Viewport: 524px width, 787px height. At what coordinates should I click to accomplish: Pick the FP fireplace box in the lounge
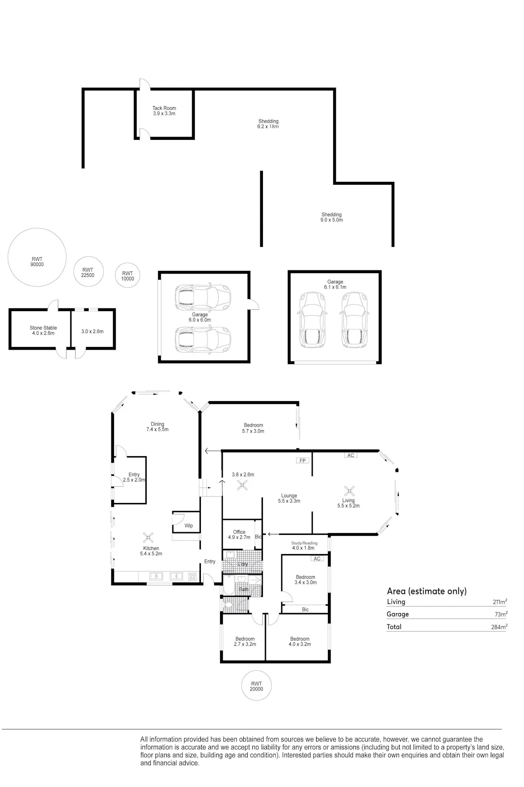tap(302, 461)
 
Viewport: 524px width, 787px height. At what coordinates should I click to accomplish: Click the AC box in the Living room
tap(351, 455)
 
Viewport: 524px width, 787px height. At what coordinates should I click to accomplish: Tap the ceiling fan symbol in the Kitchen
tap(149, 537)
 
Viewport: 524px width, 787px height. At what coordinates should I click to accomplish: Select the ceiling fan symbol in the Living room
tap(349, 491)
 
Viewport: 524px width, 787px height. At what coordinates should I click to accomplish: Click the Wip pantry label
tap(189, 526)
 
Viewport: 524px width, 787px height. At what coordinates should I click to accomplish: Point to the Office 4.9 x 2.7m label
tap(239, 534)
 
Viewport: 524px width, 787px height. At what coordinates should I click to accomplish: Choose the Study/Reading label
tap(304, 543)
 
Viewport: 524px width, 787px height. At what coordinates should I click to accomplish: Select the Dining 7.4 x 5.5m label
tap(157, 426)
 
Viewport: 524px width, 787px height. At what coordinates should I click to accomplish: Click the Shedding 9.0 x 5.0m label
tap(331, 217)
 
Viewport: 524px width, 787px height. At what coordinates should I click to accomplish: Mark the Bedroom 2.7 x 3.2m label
tap(245, 641)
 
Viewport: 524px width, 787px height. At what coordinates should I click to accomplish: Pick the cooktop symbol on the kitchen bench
tap(192, 576)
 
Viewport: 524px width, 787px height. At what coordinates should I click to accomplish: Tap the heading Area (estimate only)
tap(427, 591)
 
